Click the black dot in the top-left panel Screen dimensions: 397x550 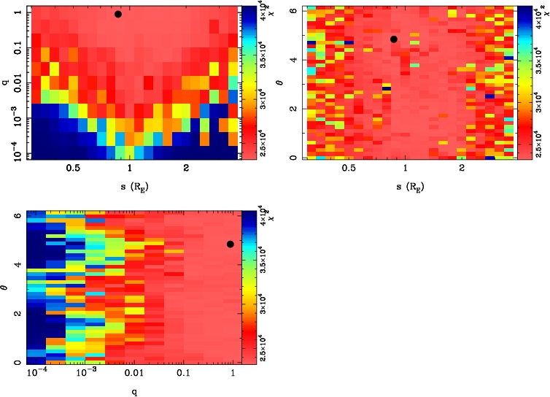118,14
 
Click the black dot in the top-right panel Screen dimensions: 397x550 394,39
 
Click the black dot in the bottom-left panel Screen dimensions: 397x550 231,244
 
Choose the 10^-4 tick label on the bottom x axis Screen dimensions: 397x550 36,372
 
